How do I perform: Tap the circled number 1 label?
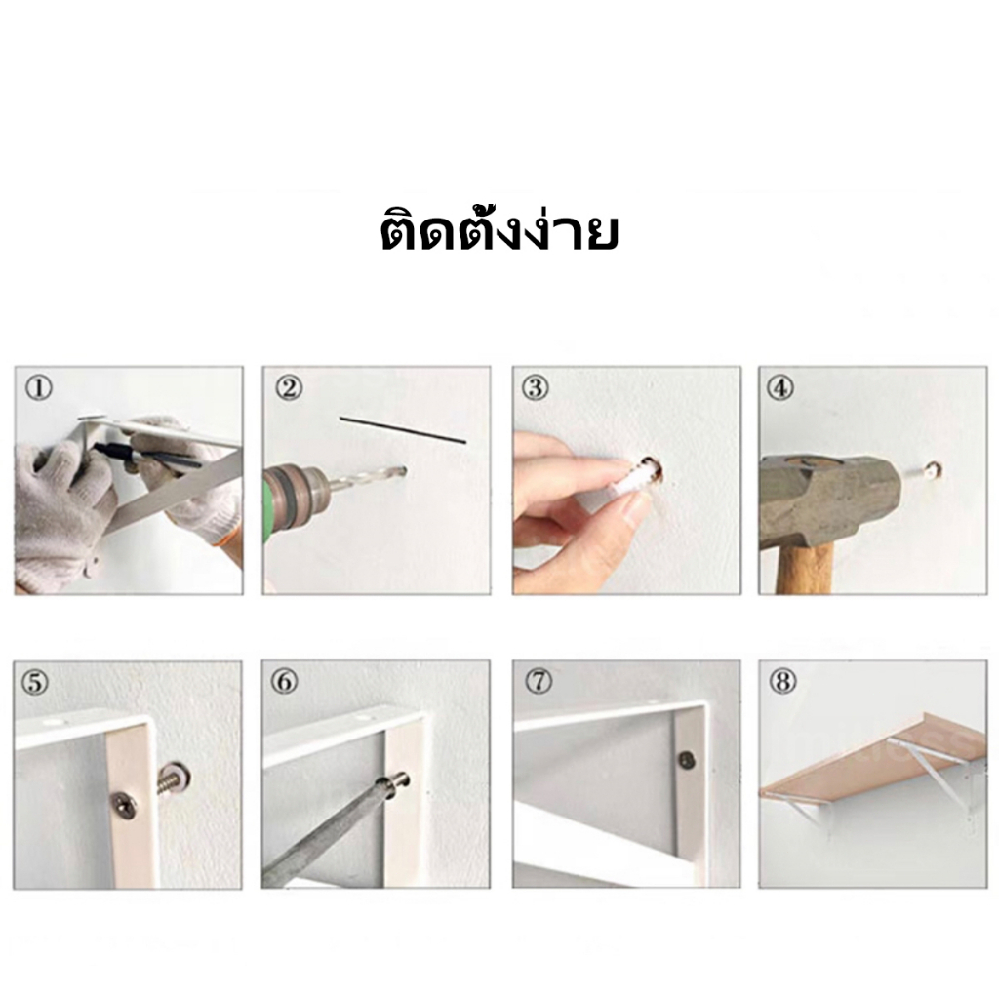pos(39,388)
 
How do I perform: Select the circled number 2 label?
pos(289,388)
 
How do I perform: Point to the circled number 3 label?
pos(536,388)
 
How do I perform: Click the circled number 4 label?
pos(781,388)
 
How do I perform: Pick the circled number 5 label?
pos(35,682)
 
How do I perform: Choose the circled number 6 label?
pos(285,682)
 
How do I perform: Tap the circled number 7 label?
pos(539,682)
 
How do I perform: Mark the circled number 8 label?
pos(783,682)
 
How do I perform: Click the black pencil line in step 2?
pos(403,430)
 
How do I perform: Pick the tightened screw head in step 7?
pos(686,759)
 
